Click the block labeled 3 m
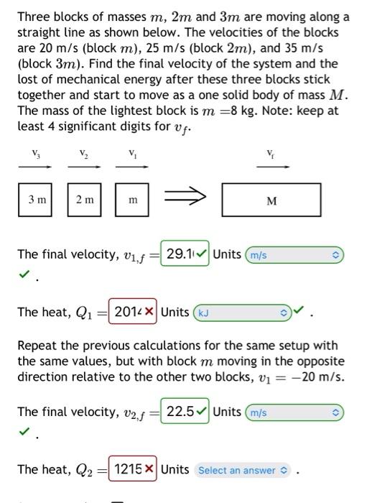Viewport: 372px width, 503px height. [36, 200]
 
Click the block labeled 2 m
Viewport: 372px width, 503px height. [85, 200]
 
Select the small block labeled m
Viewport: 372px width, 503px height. [132, 200]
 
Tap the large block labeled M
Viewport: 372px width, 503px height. [271, 200]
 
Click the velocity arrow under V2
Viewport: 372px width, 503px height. [84, 167]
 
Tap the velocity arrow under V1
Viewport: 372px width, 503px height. [132, 167]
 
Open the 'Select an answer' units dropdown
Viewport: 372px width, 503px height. [241, 470]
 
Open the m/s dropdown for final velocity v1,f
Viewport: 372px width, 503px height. [295, 255]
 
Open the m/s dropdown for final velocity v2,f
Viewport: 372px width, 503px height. [295, 412]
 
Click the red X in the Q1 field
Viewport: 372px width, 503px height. [149, 312]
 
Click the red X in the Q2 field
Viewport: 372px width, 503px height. [149, 469]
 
